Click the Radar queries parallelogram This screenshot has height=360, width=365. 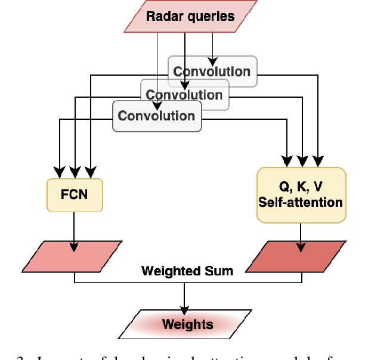point(190,16)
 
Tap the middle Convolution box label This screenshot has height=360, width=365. point(184,95)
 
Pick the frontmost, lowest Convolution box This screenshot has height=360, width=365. point(156,116)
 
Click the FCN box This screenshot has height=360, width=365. point(74,194)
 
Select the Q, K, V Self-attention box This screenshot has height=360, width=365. point(301,194)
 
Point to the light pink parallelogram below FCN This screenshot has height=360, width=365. point(75,256)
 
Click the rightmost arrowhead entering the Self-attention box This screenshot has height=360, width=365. point(319,162)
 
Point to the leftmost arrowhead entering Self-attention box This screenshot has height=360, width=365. point(287,162)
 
